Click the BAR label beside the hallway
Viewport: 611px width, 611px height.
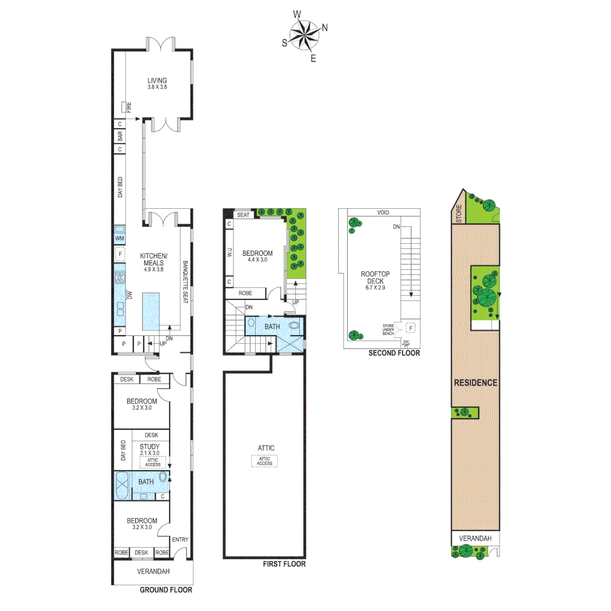tap(120, 136)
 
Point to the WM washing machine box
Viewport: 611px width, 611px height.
tap(120, 239)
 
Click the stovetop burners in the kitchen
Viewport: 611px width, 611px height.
tap(120, 277)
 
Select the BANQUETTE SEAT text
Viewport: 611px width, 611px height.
tap(186, 283)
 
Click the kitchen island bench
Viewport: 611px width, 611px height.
tap(150, 312)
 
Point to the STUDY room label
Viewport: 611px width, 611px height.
tap(150, 446)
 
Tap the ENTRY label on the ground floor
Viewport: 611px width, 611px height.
tap(180, 540)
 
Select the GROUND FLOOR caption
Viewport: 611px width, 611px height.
tap(166, 590)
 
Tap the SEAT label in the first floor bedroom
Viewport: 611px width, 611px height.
tap(243, 215)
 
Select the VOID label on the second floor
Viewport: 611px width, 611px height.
tap(385, 213)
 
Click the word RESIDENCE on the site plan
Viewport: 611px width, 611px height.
tap(476, 382)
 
